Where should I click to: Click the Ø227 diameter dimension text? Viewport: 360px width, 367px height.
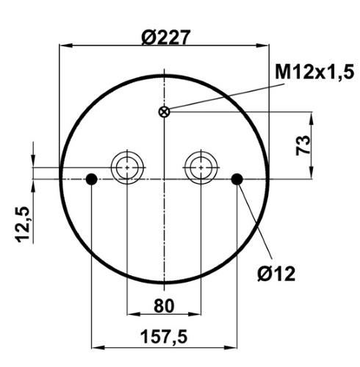tap(166, 37)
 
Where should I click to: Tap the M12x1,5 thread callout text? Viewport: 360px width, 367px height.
tap(314, 72)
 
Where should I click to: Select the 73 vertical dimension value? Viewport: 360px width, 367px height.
tap(303, 145)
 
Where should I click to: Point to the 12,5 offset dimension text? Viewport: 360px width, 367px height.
tap(23, 225)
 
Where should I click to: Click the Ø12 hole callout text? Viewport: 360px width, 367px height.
tap(276, 274)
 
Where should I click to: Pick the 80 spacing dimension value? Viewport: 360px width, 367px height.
tap(164, 306)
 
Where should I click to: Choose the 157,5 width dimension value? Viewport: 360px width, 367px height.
tap(164, 337)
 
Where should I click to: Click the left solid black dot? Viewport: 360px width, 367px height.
tap(92, 179)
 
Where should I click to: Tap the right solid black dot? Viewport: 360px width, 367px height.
tap(237, 179)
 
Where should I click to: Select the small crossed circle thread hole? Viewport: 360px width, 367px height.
tap(164, 112)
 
